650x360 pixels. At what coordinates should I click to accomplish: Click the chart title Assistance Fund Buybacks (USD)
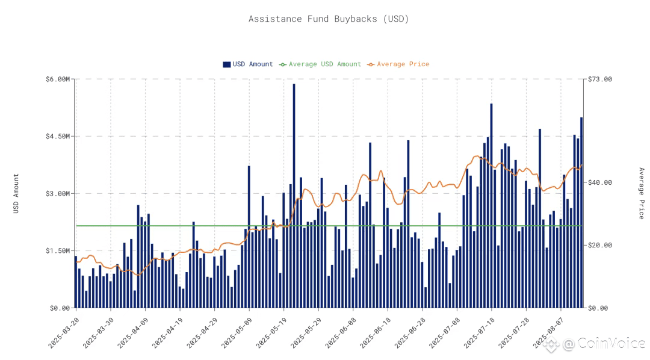pyautogui.click(x=329, y=19)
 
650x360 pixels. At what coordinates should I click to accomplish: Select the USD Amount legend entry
pyautogui.click(x=248, y=64)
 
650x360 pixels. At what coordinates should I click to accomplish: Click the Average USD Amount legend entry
pyautogui.click(x=320, y=64)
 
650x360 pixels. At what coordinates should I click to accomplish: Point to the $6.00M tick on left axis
pyautogui.click(x=58, y=79)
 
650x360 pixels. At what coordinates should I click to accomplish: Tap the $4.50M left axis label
pyautogui.click(x=58, y=136)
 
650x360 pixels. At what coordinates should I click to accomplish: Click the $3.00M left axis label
pyautogui.click(x=58, y=193)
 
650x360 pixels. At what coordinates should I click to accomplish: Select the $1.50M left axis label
pyautogui.click(x=58, y=250)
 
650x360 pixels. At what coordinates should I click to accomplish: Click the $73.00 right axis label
pyautogui.click(x=599, y=79)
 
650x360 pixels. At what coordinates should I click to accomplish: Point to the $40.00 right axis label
pyautogui.click(x=599, y=182)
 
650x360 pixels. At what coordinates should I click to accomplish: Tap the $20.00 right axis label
pyautogui.click(x=599, y=245)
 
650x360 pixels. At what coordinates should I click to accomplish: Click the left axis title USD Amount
pyautogui.click(x=16, y=193)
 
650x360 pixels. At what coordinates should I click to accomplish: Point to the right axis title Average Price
pyautogui.click(x=641, y=193)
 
